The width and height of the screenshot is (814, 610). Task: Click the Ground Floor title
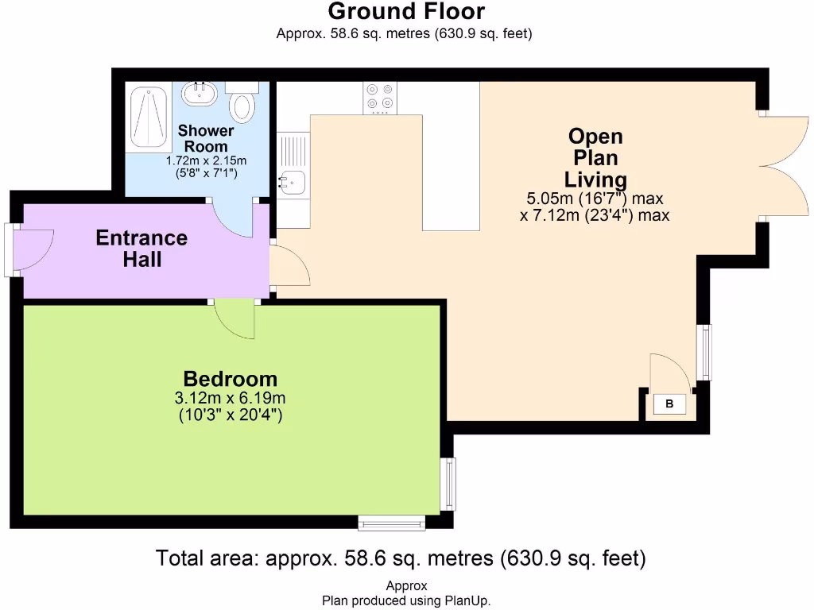(x=406, y=12)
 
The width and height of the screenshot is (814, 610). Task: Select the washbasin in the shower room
(x=200, y=94)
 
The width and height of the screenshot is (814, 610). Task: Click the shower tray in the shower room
(x=148, y=117)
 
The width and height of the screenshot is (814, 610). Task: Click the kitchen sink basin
(x=291, y=182)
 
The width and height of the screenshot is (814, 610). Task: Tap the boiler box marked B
(x=669, y=404)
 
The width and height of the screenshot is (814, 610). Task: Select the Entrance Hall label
(x=141, y=248)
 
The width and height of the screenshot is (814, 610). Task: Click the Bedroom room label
(x=231, y=379)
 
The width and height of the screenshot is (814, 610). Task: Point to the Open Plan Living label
(x=595, y=157)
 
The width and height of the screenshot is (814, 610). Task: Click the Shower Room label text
(x=206, y=138)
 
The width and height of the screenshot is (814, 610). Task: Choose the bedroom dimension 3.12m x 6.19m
(x=231, y=398)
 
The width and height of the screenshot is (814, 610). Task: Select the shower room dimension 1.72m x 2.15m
(x=206, y=160)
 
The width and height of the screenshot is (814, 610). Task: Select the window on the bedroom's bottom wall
(x=391, y=522)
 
